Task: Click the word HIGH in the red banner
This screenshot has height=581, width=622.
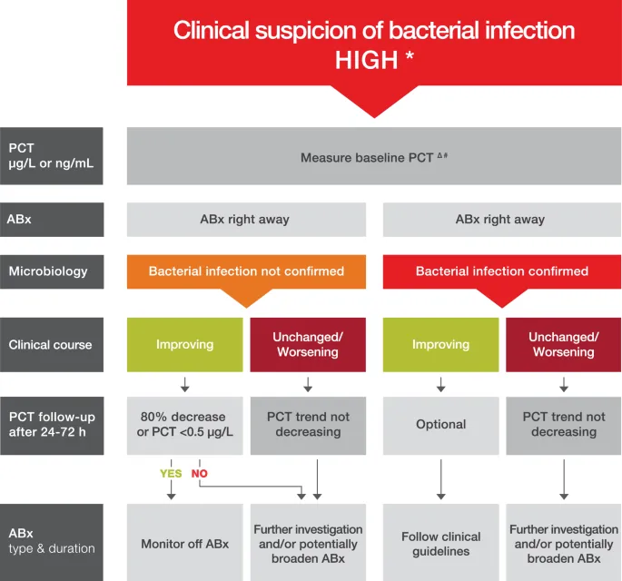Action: pyautogui.click(x=365, y=62)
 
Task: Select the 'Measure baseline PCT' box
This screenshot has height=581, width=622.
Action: pyautogui.click(x=374, y=157)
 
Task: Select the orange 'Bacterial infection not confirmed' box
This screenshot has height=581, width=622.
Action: pyautogui.click(x=246, y=271)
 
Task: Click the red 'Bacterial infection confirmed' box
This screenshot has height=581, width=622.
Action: pyautogui.click(x=502, y=271)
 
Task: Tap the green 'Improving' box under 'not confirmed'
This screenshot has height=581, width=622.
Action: pyautogui.click(x=185, y=345)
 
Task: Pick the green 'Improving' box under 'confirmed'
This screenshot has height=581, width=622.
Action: pyautogui.click(x=441, y=345)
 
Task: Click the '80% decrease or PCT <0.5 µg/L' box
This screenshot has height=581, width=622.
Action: pyautogui.click(x=185, y=425)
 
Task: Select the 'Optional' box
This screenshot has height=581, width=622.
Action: pyautogui.click(x=441, y=425)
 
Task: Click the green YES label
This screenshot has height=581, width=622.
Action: pyautogui.click(x=171, y=474)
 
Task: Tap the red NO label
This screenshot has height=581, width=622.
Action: pyautogui.click(x=200, y=474)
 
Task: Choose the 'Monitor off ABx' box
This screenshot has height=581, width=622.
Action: pyautogui.click(x=185, y=543)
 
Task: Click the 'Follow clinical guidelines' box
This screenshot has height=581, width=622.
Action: pyautogui.click(x=441, y=543)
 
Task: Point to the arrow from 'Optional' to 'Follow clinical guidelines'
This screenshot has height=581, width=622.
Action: pyautogui.click(x=441, y=479)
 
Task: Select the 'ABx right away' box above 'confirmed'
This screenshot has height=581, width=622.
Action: pyautogui.click(x=502, y=220)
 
